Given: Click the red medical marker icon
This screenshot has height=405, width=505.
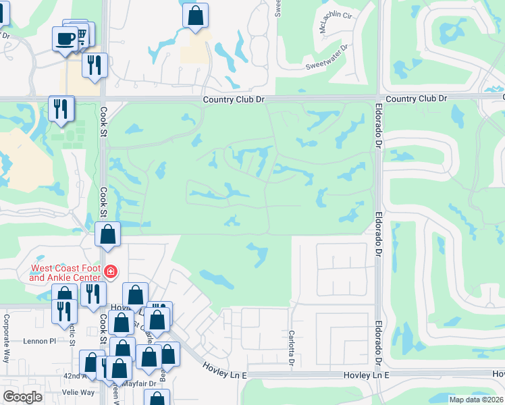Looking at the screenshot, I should tap(111, 273).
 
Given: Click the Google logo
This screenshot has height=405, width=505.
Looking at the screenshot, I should tap(23, 397).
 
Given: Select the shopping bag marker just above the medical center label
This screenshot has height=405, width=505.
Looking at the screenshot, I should tap(108, 235).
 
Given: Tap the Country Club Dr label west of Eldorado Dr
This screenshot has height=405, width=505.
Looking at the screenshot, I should tap(235, 99).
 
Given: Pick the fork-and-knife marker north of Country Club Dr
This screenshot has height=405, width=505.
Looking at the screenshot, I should tap(93, 65).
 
